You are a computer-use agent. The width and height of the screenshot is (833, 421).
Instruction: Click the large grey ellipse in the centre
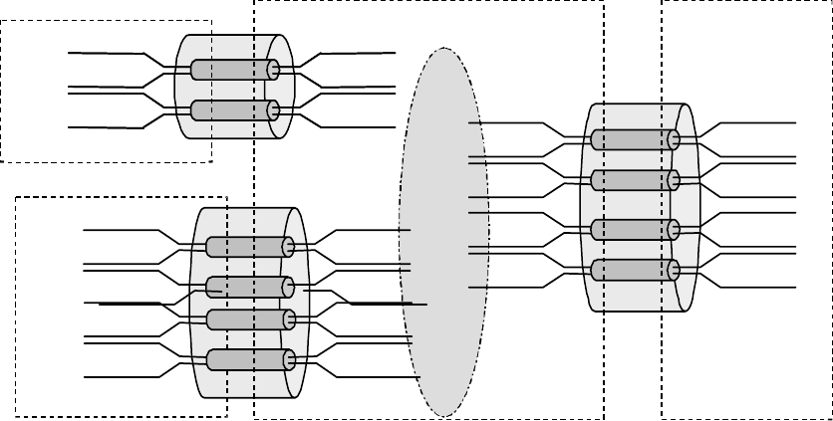pyautogui.click(x=442, y=229)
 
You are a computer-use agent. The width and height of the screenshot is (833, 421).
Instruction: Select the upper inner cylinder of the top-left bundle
pyautogui.click(x=231, y=70)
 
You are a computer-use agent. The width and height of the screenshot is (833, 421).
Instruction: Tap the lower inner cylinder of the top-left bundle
pyautogui.click(x=231, y=109)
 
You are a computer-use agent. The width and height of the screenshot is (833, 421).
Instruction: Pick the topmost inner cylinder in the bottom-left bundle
pyautogui.click(x=247, y=247)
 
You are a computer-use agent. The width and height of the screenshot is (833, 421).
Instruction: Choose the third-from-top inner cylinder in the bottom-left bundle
pyautogui.click(x=249, y=319)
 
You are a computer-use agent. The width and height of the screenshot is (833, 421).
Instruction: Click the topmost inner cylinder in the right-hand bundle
pyautogui.click(x=633, y=139)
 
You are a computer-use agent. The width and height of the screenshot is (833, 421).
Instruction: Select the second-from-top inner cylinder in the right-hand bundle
pyautogui.click(x=633, y=179)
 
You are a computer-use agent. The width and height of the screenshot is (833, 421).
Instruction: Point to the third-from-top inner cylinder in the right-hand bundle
pyautogui.click(x=633, y=229)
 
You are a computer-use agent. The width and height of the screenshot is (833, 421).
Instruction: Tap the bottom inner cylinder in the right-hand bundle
pyautogui.click(x=633, y=269)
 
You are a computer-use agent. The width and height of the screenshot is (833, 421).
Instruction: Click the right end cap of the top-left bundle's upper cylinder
pyautogui.click(x=272, y=70)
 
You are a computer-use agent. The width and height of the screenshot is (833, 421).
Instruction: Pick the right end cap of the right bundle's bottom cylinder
pyautogui.click(x=674, y=269)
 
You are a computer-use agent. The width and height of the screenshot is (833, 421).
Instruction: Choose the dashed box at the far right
pyautogui.click(x=747, y=378)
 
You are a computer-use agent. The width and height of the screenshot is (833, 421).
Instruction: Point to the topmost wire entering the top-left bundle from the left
pyautogui.click(x=105, y=52)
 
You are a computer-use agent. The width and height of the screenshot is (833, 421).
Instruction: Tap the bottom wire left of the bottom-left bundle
pyautogui.click(x=120, y=377)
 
